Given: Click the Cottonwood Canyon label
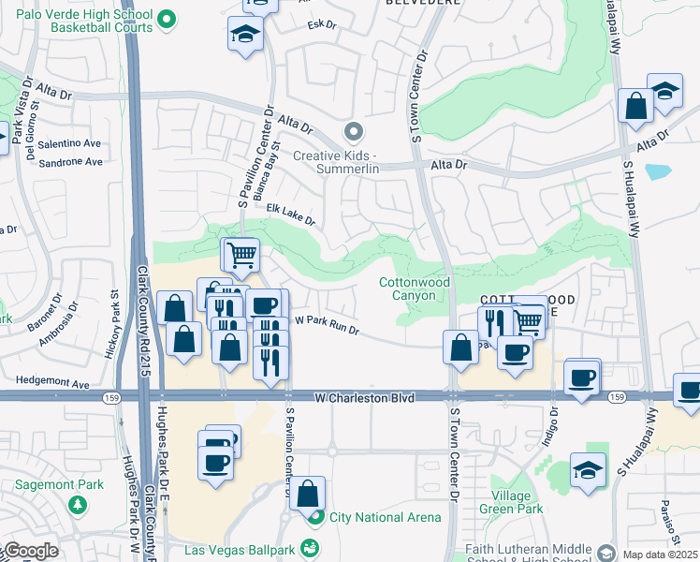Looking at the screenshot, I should point(414,288).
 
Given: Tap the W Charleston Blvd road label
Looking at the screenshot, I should point(364,398).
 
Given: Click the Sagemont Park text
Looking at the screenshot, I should point(60,485).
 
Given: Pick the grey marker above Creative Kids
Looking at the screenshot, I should point(353,131).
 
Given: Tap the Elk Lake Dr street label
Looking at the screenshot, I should point(290,214).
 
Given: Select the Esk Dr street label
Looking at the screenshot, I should point(321,24).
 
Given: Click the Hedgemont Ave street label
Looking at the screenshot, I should point(57,384).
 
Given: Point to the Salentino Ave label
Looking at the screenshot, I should point(69,143).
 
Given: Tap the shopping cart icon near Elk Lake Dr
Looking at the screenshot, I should point(241,253).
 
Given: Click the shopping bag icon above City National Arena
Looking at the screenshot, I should point(307,492).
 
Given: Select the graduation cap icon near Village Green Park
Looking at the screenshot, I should point(587,468).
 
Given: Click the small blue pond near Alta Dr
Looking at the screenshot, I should point(658,171).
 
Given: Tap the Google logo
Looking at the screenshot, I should point(30,551).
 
